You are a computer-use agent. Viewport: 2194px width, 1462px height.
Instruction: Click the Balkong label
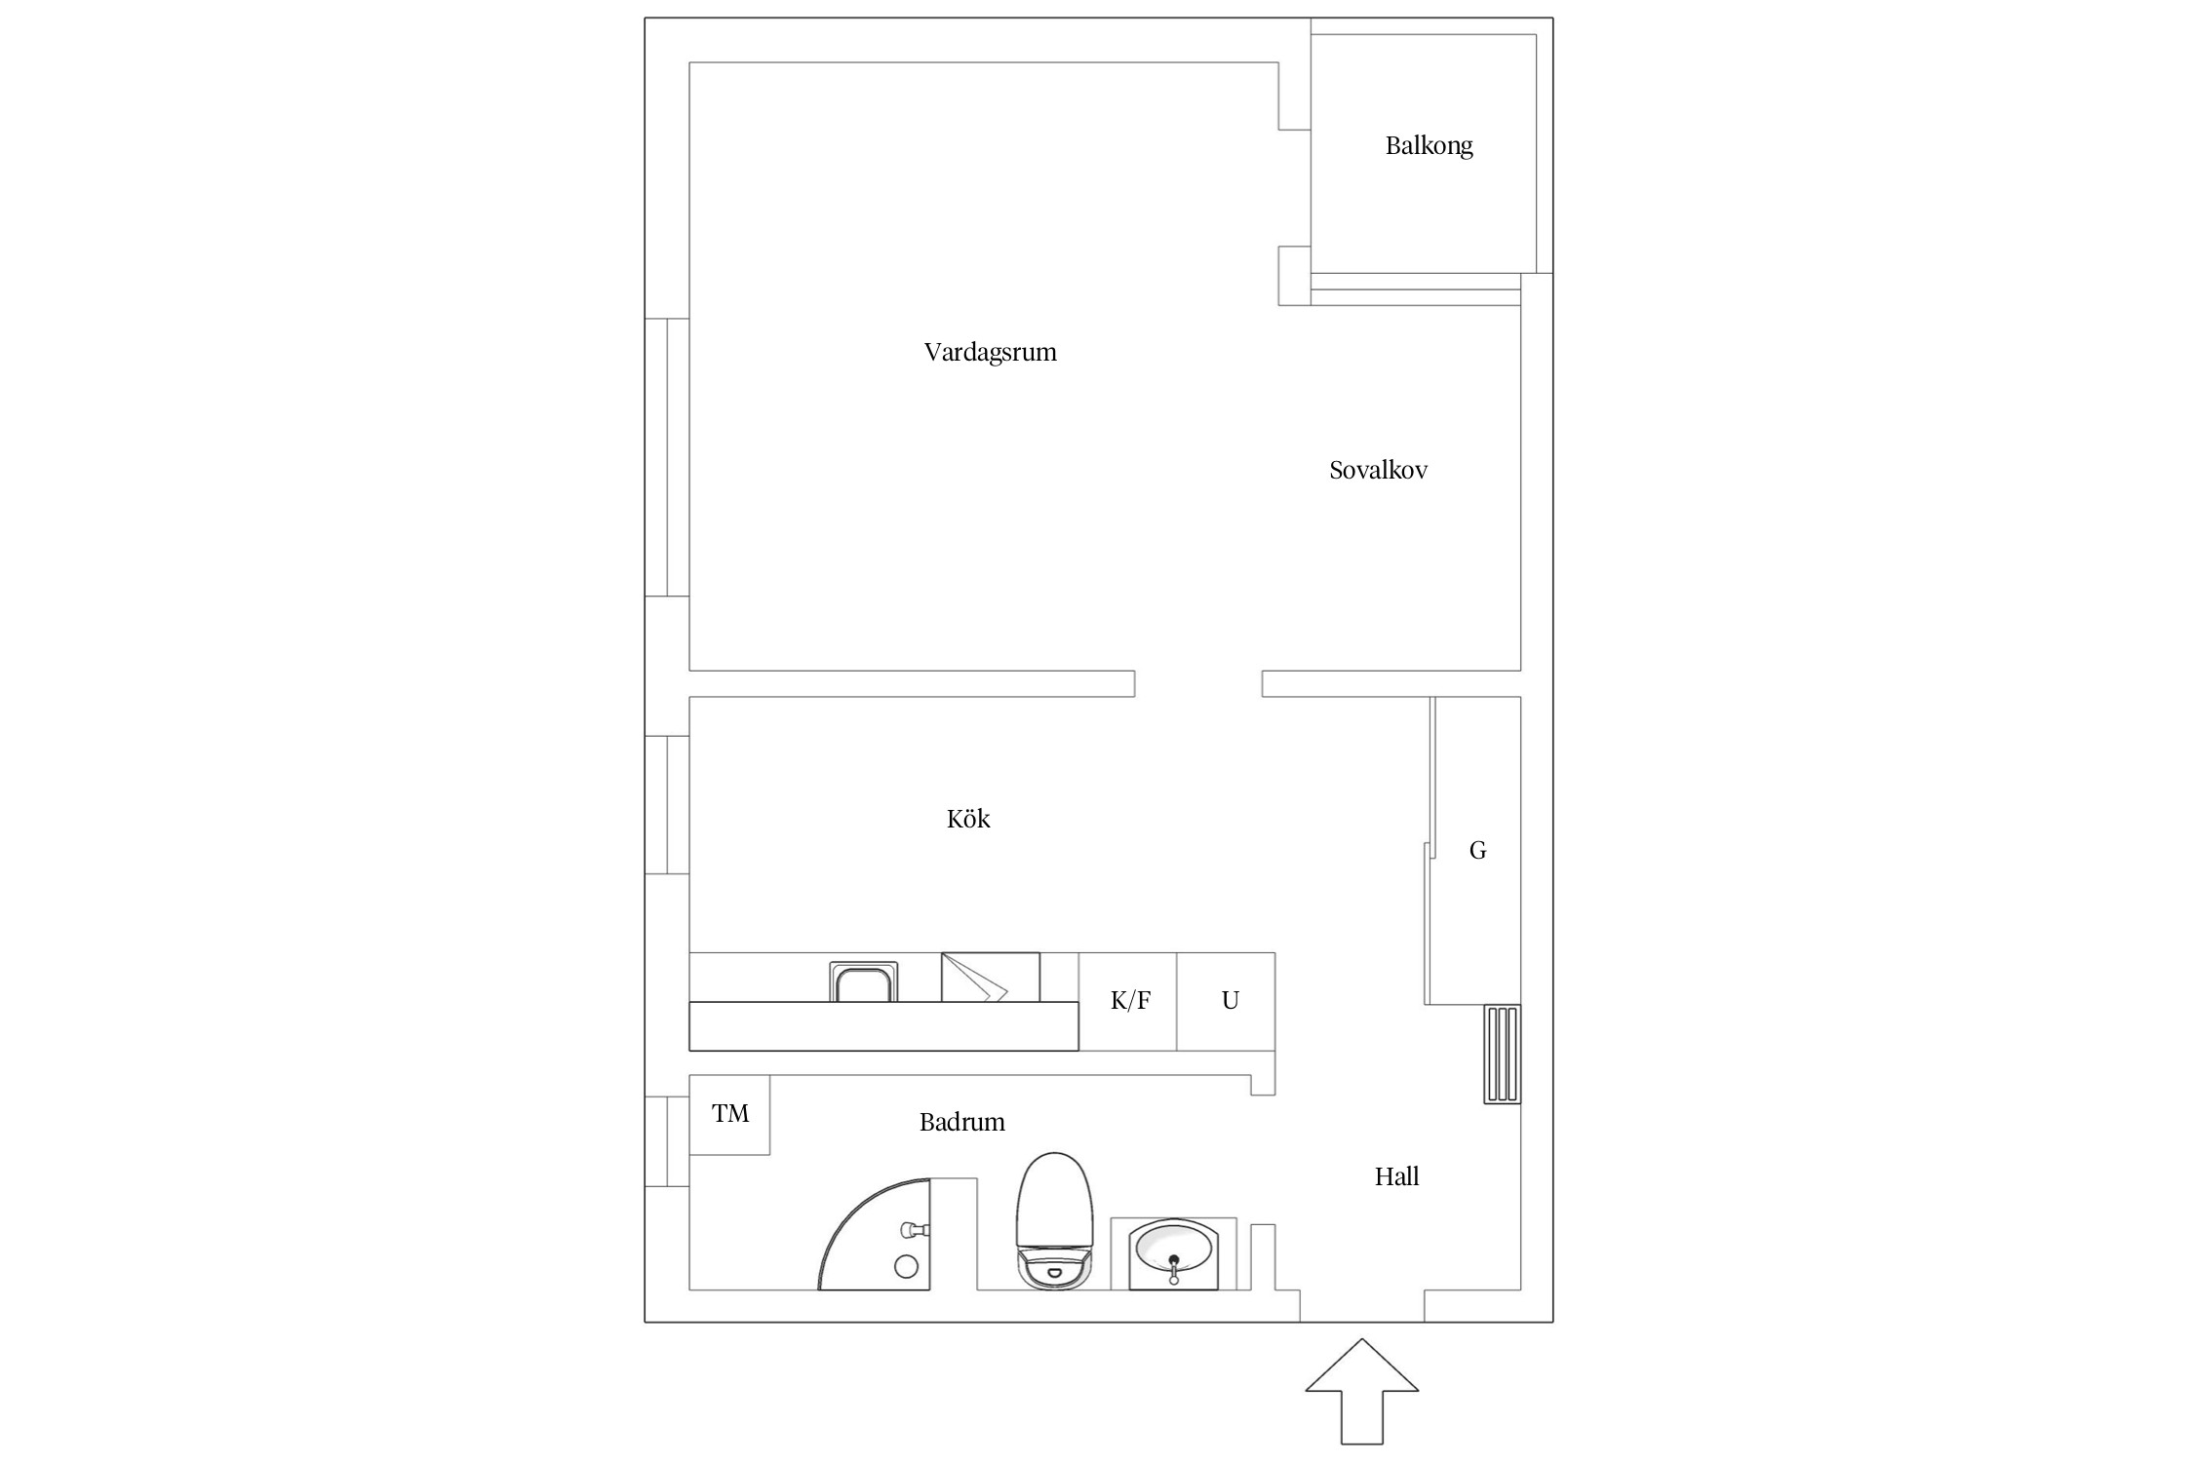click(x=1429, y=146)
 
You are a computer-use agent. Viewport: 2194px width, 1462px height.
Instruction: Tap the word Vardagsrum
click(x=990, y=352)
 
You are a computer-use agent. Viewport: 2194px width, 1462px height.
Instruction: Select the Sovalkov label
click(x=1378, y=470)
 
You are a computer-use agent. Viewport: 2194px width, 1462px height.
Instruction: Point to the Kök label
click(x=968, y=818)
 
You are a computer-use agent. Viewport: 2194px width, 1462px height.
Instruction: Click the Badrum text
click(x=961, y=1122)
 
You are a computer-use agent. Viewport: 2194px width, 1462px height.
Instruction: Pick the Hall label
click(x=1396, y=1176)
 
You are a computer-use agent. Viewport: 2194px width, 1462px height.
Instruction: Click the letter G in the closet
click(x=1477, y=851)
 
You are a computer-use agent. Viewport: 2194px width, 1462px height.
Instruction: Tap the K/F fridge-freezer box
click(x=1128, y=1001)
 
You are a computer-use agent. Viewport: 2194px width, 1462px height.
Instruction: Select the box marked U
click(x=1227, y=1001)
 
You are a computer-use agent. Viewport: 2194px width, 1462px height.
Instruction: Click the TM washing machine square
click(x=729, y=1115)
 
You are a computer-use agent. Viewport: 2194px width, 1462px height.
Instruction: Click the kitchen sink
click(x=864, y=981)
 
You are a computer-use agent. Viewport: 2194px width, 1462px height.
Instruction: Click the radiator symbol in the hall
click(x=1502, y=1054)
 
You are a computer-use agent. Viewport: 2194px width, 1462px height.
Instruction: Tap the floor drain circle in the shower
click(x=906, y=1266)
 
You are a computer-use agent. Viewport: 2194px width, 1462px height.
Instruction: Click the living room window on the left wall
click(x=668, y=457)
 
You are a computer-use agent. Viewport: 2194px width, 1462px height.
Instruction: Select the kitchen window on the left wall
click(x=668, y=805)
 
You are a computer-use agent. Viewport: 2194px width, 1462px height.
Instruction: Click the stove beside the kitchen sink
click(x=990, y=977)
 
